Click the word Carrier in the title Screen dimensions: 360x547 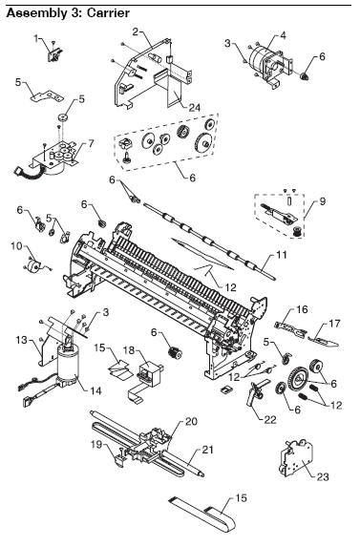click(108, 13)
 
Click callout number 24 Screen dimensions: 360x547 click(194, 108)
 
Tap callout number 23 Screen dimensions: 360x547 click(323, 476)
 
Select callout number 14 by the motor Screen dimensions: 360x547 click(95, 390)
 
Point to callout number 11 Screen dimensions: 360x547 click(281, 255)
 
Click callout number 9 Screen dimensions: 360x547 click(323, 201)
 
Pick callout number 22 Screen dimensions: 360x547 click(269, 419)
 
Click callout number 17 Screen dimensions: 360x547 click(334, 324)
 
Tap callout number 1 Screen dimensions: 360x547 click(36, 38)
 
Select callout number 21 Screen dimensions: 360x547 click(207, 450)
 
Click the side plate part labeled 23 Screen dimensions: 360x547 click(296, 458)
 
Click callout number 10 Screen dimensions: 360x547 click(16, 246)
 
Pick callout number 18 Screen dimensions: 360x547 click(129, 349)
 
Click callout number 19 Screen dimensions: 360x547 click(97, 445)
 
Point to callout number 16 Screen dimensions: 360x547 click(302, 309)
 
